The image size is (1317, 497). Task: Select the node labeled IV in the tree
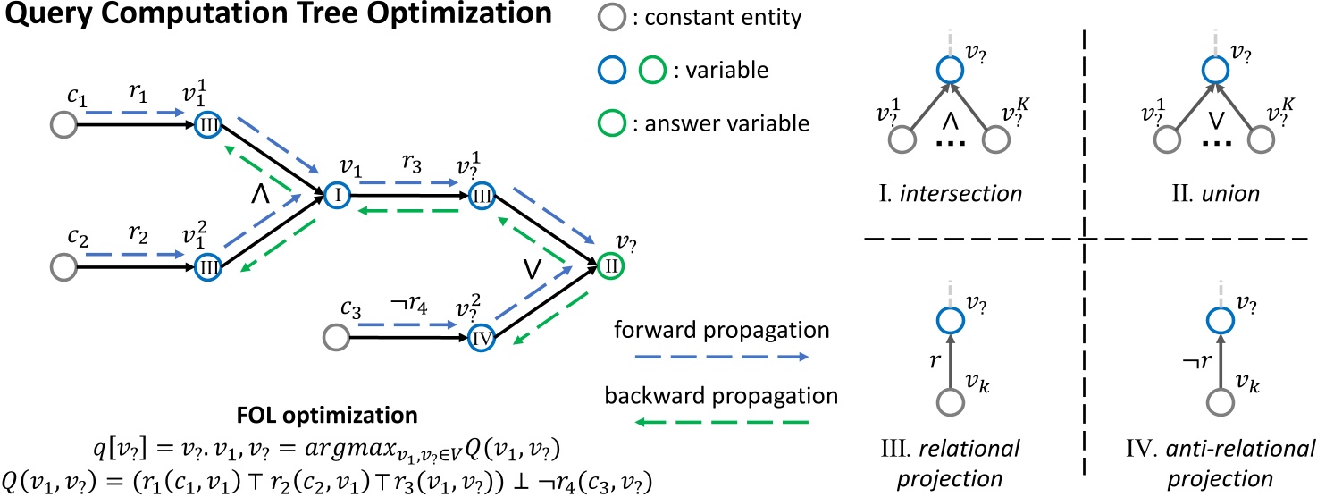pyautogui.click(x=481, y=338)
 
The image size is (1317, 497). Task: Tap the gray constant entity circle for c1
pyautogui.click(x=63, y=125)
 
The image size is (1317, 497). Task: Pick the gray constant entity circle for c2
pyautogui.click(x=63, y=266)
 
